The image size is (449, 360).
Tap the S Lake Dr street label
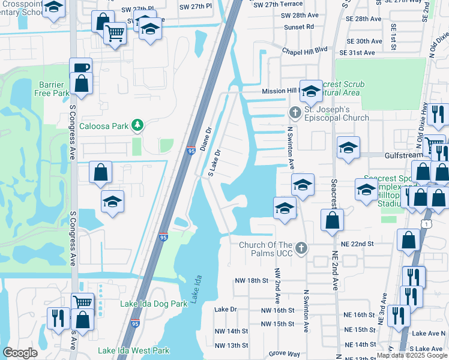(215, 163)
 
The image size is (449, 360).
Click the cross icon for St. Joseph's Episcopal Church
(295, 112)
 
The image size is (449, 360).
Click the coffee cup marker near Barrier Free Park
(80, 67)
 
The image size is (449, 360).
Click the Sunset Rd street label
(301, 27)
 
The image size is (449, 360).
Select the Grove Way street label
(285, 354)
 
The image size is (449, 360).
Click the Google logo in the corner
(20, 353)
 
